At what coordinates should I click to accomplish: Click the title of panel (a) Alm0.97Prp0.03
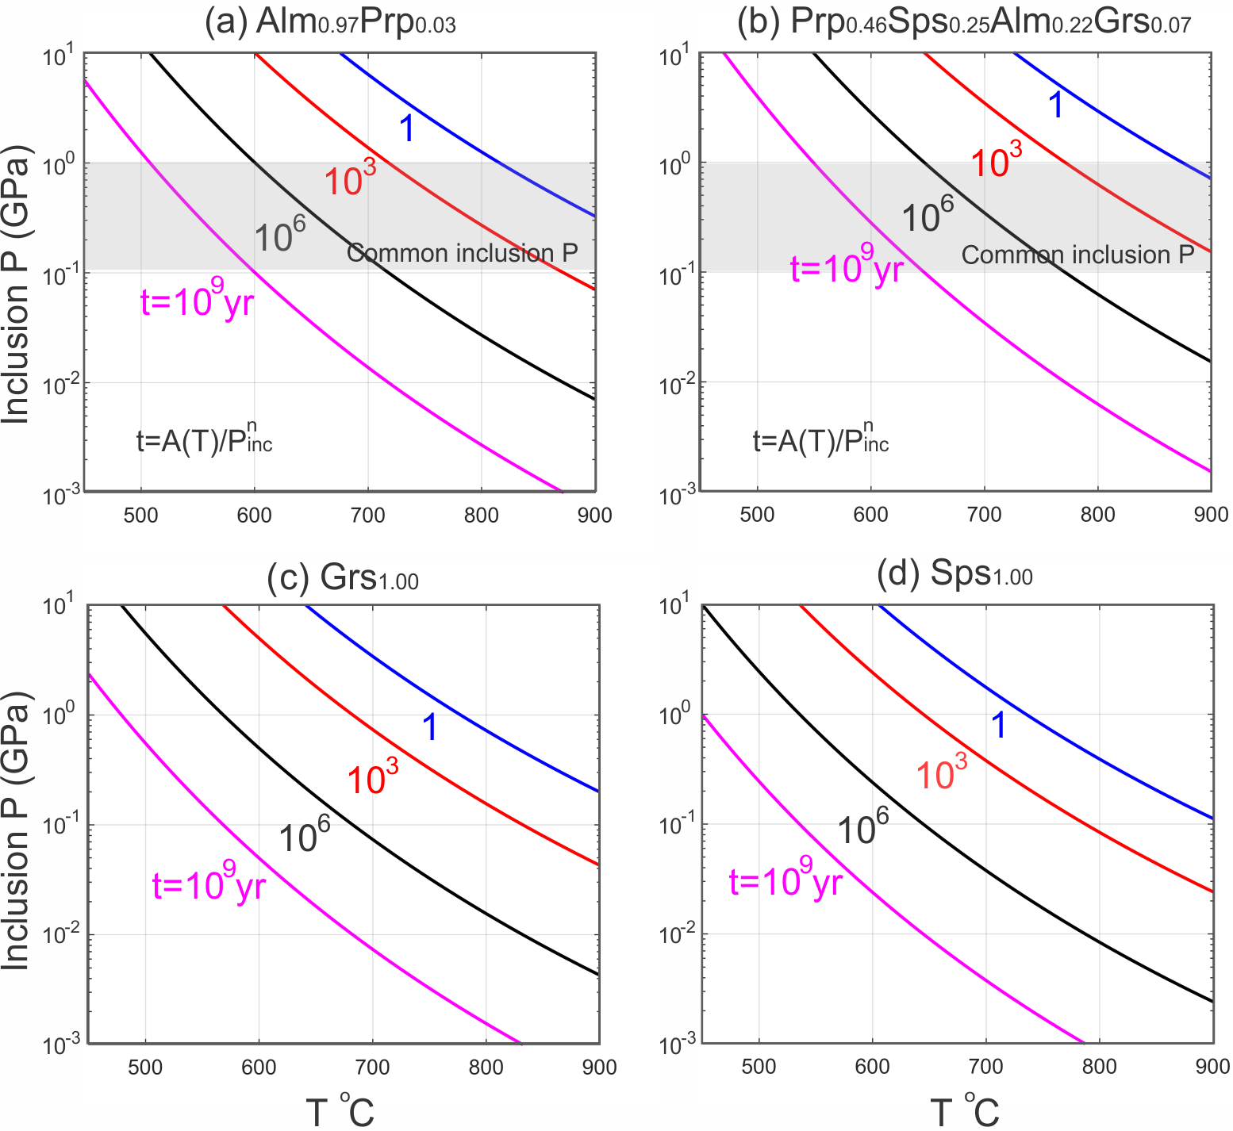point(330,22)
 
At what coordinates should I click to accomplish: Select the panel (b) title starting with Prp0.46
point(963,22)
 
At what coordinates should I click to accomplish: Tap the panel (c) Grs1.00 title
point(343,577)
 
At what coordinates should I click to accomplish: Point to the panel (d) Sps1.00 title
point(955,574)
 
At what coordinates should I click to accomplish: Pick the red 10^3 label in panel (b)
point(996,160)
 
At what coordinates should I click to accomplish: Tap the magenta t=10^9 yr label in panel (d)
point(786,880)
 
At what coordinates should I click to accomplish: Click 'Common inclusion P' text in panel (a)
point(463,253)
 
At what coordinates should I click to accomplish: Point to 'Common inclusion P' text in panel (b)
point(1077,255)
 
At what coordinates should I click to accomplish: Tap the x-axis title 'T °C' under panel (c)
point(340,1110)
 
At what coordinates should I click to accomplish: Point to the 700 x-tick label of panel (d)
point(985,1066)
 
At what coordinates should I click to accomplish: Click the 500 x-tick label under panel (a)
point(140,515)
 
